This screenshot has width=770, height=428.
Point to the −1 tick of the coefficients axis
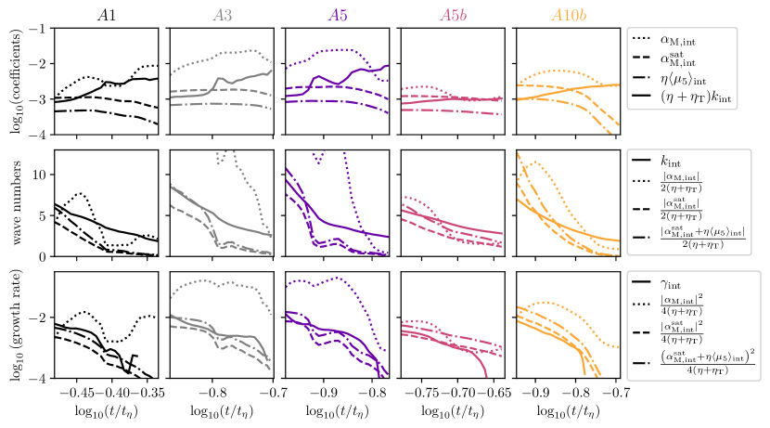37,29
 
